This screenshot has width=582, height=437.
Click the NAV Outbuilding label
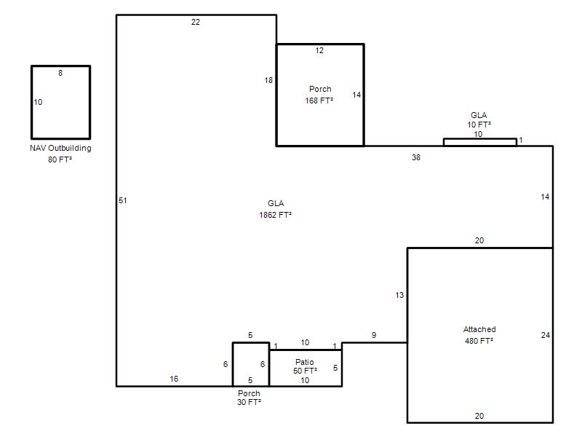tap(60, 148)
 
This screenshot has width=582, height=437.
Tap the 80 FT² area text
tap(60, 160)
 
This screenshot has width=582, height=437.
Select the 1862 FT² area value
tap(275, 215)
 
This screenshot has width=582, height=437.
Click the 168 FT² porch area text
tap(319, 101)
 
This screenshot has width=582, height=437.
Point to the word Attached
tap(479, 329)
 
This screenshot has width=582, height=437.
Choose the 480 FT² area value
tap(479, 341)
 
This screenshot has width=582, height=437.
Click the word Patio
tap(304, 362)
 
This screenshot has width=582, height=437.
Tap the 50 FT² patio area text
tap(305, 371)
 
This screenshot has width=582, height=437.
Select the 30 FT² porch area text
tap(249, 402)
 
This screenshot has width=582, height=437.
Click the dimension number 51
tap(122, 200)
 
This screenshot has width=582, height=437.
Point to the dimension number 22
tap(195, 22)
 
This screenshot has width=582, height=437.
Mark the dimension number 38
tap(415, 157)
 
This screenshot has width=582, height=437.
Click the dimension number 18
tap(268, 80)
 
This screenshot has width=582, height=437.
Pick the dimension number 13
tap(399, 295)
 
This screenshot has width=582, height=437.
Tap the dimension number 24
tap(545, 335)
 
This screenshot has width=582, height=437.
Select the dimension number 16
tap(174, 379)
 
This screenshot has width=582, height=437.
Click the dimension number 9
tap(374, 335)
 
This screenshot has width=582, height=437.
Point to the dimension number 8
tap(60, 73)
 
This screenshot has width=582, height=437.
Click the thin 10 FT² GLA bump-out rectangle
tap(480, 139)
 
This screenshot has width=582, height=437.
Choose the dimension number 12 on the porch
tap(319, 50)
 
